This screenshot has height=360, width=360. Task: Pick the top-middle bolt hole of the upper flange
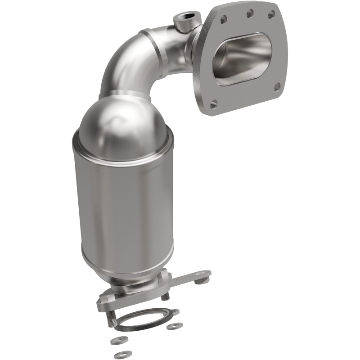[249, 14]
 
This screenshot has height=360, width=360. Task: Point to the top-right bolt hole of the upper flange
[271, 15]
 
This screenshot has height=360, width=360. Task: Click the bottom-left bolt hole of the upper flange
[214, 103]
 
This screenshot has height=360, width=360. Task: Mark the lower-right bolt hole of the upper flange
[277, 86]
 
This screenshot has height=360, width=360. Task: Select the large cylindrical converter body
[121, 207]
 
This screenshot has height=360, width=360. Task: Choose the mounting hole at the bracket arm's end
[202, 274]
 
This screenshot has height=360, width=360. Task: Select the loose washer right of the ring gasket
[174, 325]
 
